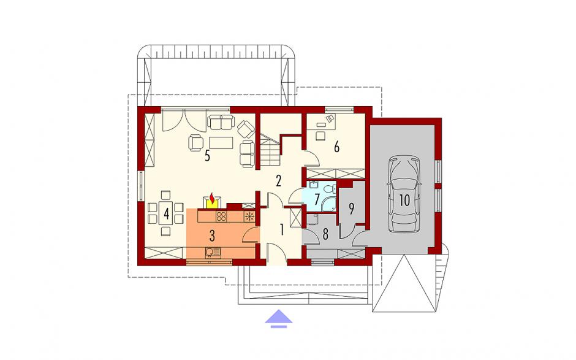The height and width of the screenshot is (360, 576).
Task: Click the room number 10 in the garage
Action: click(x=404, y=201)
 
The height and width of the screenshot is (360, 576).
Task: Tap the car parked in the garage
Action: click(x=404, y=194)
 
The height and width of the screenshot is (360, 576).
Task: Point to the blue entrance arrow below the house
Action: click(x=279, y=318)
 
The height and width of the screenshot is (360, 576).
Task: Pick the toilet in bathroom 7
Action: click(x=332, y=188)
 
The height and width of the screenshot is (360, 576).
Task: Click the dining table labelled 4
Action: click(x=166, y=213)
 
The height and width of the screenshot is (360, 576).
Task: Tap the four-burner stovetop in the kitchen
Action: click(x=221, y=216)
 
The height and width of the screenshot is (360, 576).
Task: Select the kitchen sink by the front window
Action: click(x=213, y=253)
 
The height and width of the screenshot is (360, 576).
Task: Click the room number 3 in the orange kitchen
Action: click(x=212, y=236)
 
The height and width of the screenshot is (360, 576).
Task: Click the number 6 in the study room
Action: click(x=336, y=147)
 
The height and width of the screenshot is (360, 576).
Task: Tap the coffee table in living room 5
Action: click(x=221, y=143)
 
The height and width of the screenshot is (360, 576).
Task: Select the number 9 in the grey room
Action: click(x=351, y=209)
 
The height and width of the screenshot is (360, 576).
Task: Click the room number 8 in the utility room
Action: click(x=325, y=235)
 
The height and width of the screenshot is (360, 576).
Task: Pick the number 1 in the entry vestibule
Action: click(x=282, y=229)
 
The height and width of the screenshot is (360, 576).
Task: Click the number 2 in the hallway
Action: click(x=278, y=181)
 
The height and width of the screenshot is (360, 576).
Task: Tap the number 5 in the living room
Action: click(x=207, y=156)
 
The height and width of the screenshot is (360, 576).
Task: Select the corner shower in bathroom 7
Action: click(x=329, y=204)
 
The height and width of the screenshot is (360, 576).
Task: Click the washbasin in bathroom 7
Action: click(x=313, y=185)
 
